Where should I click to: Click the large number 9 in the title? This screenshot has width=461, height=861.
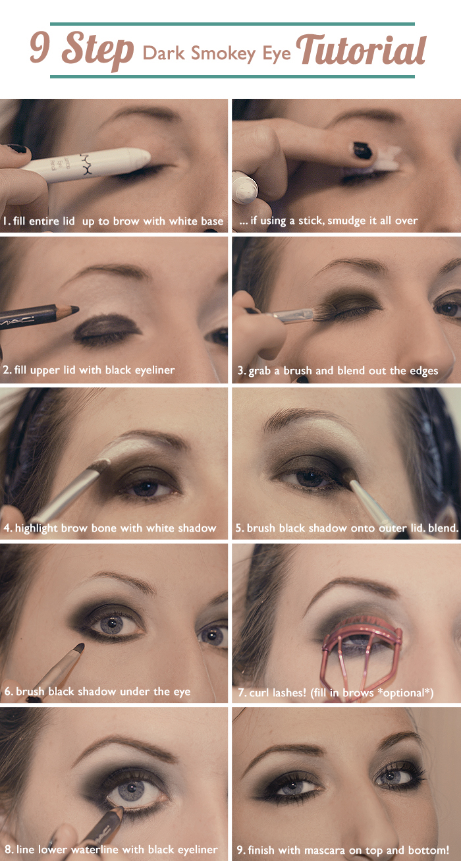(x=40, y=47)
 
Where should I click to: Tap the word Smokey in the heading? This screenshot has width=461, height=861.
(x=223, y=53)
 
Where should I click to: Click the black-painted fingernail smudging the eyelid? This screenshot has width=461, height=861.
(x=362, y=150)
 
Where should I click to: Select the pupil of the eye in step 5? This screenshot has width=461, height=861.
(x=310, y=478)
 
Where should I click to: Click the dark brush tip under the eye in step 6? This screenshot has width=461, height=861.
(x=79, y=648)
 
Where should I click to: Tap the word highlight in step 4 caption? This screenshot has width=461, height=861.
(x=36, y=528)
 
